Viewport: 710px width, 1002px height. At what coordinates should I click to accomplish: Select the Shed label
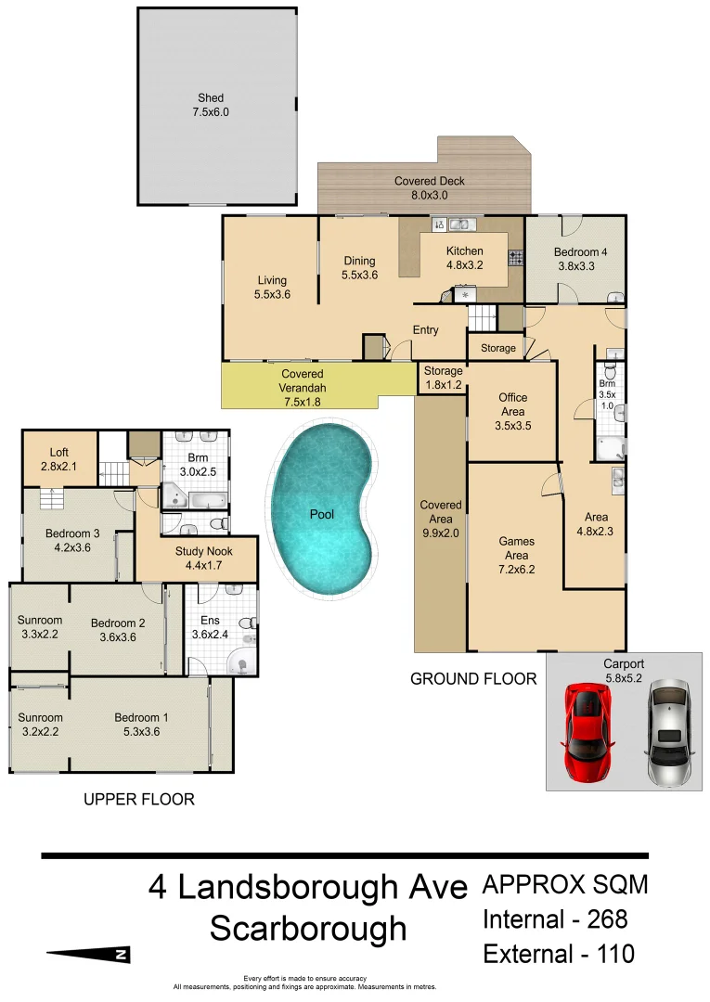coord(211,105)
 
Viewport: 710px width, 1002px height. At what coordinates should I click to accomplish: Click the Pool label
coord(322,514)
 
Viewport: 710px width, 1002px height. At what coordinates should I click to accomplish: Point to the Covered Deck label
coord(429,188)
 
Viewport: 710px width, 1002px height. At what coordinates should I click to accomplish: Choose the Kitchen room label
coord(464,258)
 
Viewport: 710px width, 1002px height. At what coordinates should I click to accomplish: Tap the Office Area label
coord(512,405)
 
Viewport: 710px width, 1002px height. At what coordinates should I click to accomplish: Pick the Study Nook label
coord(196,558)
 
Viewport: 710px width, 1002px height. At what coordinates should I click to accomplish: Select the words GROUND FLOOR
coord(473,679)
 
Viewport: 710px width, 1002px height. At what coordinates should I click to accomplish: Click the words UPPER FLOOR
coord(139,799)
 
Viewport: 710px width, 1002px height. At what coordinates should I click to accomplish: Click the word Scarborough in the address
coord(308,928)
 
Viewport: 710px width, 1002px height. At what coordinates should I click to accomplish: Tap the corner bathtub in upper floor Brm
coord(178,495)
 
